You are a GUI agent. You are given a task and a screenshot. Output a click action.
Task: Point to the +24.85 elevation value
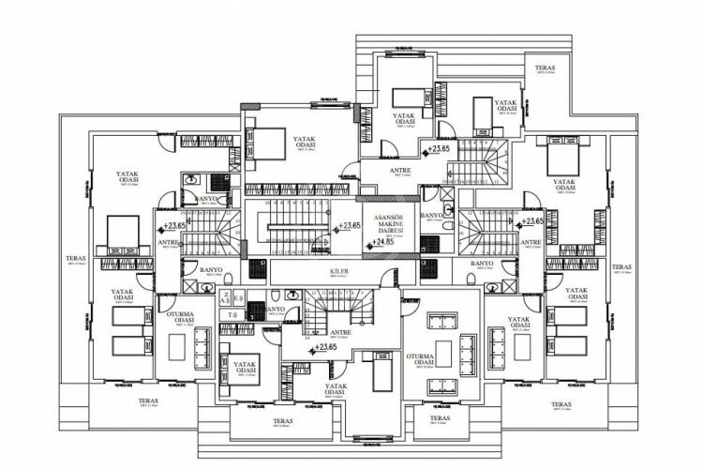click(381, 243)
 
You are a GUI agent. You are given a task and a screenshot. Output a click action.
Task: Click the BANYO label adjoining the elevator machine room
click(431, 217)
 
